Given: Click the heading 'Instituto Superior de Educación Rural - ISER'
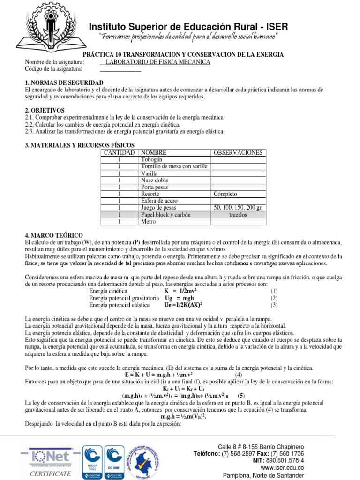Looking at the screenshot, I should pos(188,26).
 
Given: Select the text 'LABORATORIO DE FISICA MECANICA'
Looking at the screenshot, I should pos(158,62).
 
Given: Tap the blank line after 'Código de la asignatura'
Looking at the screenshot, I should pos(120,69).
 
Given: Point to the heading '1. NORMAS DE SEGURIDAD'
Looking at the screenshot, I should pos(57,82).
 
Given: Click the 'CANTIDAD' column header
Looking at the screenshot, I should pos(120,153).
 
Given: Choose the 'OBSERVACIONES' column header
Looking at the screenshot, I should pos(238,153).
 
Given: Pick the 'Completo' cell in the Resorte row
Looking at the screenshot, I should pos(225,194).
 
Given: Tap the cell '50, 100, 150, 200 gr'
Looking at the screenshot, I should pos(238,207).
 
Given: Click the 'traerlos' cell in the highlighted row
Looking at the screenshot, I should pos(238,214).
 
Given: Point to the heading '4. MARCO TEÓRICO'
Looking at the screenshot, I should pos(54,235).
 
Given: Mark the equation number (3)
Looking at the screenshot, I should pos(274,305).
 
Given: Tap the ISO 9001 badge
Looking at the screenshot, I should pos(118,462).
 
